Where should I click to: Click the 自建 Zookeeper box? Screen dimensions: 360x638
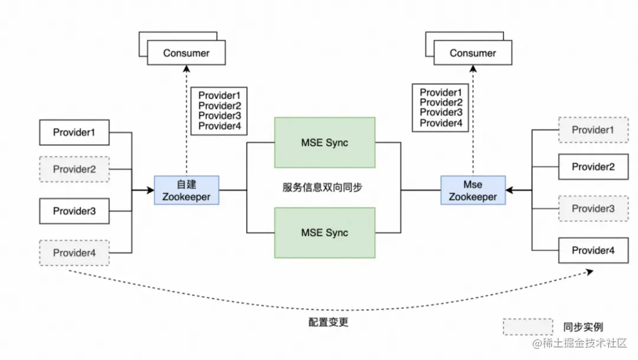pyautogui.click(x=186, y=190)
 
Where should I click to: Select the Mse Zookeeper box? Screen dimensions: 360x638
pyautogui.click(x=473, y=190)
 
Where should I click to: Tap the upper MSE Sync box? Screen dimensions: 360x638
pyautogui.click(x=324, y=142)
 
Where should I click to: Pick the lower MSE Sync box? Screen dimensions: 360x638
pyautogui.click(x=324, y=232)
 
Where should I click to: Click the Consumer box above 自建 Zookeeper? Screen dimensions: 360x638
pyautogui.click(x=186, y=53)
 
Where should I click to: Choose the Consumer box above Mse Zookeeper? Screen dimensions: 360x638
pyautogui.click(x=473, y=53)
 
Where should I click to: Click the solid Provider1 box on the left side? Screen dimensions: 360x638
pyautogui.click(x=74, y=132)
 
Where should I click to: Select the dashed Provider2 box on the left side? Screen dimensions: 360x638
pyautogui.click(x=74, y=169)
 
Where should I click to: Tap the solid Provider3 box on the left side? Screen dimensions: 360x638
pyautogui.click(x=74, y=211)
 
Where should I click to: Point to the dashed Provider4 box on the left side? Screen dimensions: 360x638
pyautogui.click(x=74, y=253)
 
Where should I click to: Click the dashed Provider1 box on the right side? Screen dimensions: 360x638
pyautogui.click(x=593, y=130)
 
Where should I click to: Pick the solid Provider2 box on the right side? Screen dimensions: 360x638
pyautogui.click(x=593, y=167)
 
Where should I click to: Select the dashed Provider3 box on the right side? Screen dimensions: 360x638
pyautogui.click(x=593, y=209)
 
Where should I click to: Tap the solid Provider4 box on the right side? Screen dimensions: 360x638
pyautogui.click(x=593, y=251)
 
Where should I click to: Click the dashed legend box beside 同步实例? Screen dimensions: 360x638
pyautogui.click(x=528, y=327)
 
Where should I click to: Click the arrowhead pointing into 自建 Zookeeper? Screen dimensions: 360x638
pyautogui.click(x=149, y=190)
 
